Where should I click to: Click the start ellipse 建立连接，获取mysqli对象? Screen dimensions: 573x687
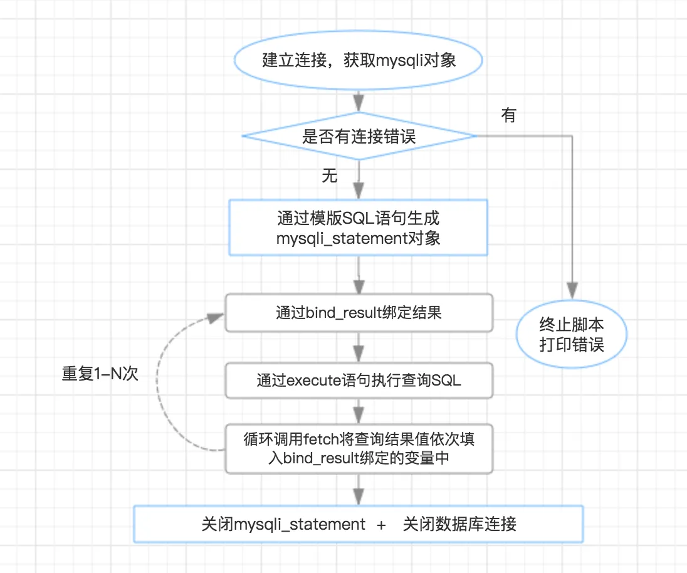tap(359, 61)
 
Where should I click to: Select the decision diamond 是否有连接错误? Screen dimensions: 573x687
tap(359, 137)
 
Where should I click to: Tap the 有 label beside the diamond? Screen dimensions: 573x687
tap(508, 115)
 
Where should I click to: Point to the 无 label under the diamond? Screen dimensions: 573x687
tap(330, 176)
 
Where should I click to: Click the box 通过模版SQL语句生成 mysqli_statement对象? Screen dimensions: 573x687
tap(359, 228)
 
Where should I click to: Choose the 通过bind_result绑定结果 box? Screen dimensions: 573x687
tap(359, 312)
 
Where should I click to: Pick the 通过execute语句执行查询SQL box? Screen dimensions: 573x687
tap(359, 380)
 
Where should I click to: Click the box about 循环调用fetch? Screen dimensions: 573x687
tap(359, 448)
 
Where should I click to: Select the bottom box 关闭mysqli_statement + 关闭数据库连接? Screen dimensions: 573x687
tap(359, 523)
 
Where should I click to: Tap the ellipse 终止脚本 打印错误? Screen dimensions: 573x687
tap(571, 334)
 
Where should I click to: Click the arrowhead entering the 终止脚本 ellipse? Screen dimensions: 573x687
tap(571, 290)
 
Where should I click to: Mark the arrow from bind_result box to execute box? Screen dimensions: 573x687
tap(359, 346)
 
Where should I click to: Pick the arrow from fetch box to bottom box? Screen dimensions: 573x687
tap(359, 490)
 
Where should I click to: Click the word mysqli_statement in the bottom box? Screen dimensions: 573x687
tap(300, 524)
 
